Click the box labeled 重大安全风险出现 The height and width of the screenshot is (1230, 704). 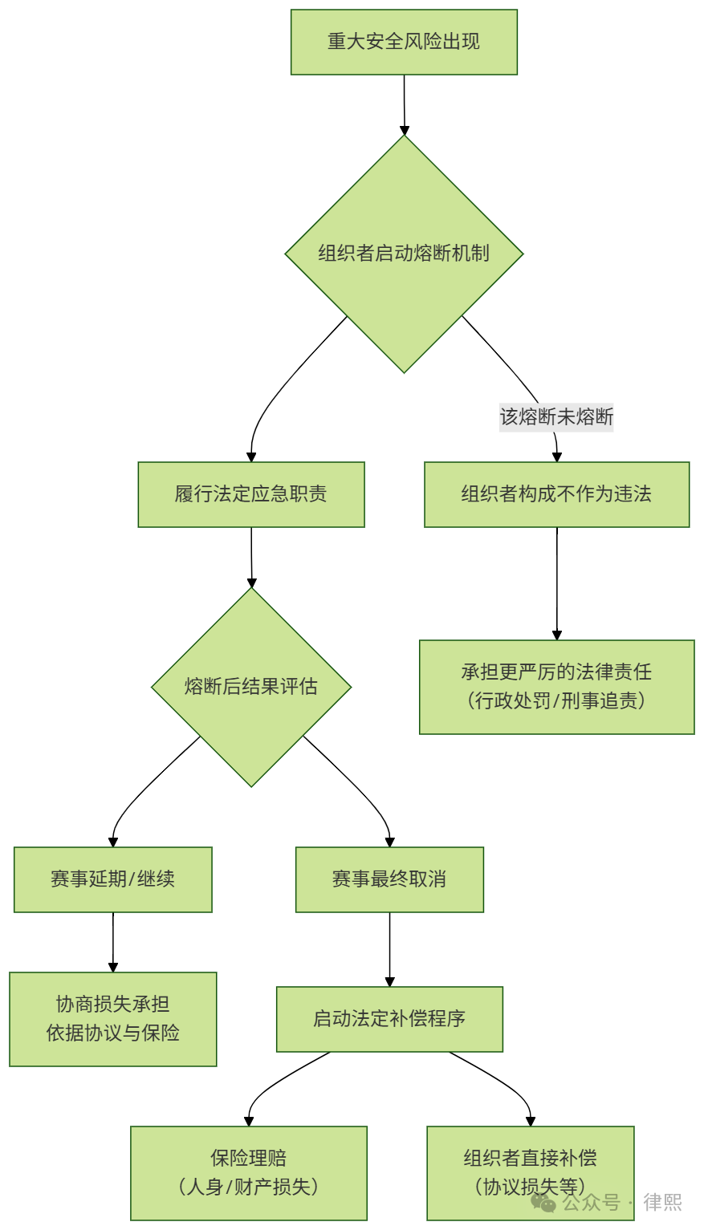[x=404, y=42]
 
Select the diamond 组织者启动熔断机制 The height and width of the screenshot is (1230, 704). [x=404, y=254]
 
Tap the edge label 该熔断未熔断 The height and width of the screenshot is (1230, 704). [x=556, y=417]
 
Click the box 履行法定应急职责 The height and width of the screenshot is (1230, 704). [x=251, y=494]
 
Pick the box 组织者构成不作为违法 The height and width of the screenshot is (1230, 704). [x=556, y=494]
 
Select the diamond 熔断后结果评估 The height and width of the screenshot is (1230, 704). [x=251, y=687]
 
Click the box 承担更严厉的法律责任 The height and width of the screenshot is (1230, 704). [x=556, y=672]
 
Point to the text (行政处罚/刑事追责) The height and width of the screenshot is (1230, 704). [x=556, y=701]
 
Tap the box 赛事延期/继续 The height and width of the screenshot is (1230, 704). [x=113, y=879]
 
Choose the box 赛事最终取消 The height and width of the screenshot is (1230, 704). [x=389, y=879]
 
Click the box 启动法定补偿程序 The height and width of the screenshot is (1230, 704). [x=389, y=1019]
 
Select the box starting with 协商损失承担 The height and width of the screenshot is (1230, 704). [x=113, y=1005]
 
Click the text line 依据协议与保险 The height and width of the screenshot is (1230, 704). [x=113, y=1033]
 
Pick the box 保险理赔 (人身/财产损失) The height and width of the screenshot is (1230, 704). [x=249, y=1172]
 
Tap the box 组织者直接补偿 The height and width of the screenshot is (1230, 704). [x=530, y=1158]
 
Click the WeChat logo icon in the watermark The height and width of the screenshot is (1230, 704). [x=543, y=1203]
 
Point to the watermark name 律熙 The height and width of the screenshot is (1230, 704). [x=662, y=1202]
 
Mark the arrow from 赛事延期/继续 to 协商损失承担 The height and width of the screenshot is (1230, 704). [x=113, y=942]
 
